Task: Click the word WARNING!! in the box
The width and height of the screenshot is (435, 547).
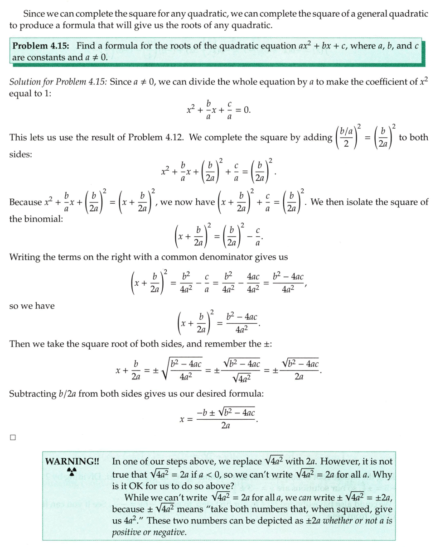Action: (72, 461)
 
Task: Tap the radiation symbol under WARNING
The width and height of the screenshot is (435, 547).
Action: (72, 472)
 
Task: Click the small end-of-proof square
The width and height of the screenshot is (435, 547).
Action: (13, 437)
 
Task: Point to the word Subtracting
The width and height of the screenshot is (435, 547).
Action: (32, 393)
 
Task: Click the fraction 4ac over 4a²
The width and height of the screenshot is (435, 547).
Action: (253, 283)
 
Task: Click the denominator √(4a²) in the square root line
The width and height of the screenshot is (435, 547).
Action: (242, 377)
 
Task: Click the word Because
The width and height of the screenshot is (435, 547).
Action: (25, 202)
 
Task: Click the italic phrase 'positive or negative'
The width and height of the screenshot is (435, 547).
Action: (149, 532)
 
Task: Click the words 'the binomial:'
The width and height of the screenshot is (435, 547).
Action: (36, 219)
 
